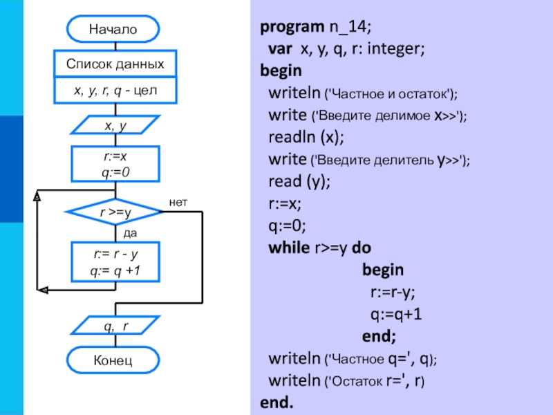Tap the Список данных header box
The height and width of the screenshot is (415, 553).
coord(115,64)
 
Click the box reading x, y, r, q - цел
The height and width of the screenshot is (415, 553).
coord(115,91)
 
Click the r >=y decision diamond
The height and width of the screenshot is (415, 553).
coord(115,213)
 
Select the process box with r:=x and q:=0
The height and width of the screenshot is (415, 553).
coord(115,164)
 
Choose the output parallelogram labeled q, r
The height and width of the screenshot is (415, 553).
coord(115,325)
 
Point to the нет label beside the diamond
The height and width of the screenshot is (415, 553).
coord(178,201)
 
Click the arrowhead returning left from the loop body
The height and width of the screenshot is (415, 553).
coord(43,290)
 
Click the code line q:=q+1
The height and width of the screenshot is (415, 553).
coord(396,315)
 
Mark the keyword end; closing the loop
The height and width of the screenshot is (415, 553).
coord(379,337)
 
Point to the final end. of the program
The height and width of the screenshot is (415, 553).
coord(276,402)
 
